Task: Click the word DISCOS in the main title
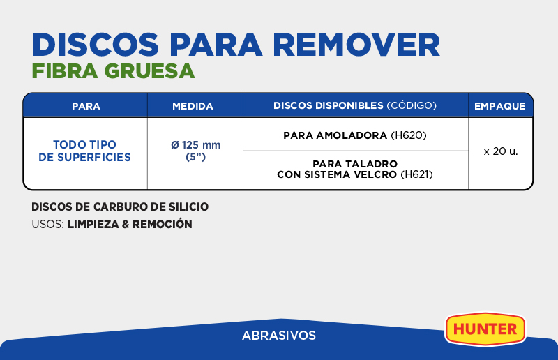(x=96, y=45)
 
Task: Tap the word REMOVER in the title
(x=356, y=45)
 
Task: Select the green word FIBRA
(x=65, y=71)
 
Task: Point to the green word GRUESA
(x=149, y=71)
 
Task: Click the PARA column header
(x=86, y=106)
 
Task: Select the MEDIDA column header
(x=193, y=106)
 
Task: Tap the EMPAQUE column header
(x=499, y=106)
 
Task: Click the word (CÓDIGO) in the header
(x=412, y=105)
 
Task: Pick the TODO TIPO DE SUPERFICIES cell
(x=84, y=151)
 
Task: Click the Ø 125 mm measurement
(x=196, y=145)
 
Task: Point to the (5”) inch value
(x=196, y=157)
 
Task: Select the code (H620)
(x=409, y=135)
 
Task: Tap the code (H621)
(x=416, y=174)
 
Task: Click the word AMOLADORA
(x=352, y=135)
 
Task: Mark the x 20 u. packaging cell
(x=501, y=151)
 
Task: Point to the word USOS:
(x=48, y=224)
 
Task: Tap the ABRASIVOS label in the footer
(x=279, y=336)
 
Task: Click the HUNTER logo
(x=485, y=329)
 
